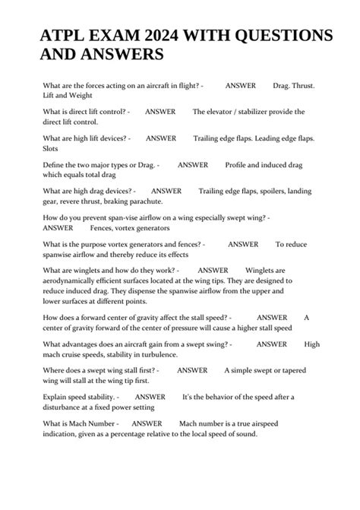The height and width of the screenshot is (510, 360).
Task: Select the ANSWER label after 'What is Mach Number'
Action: pyautogui.click(x=147, y=423)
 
